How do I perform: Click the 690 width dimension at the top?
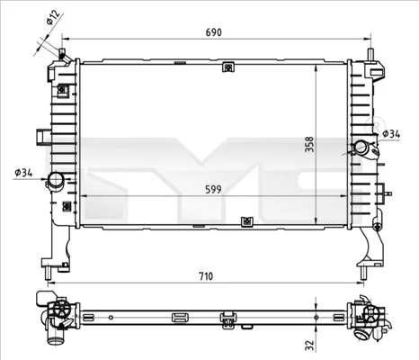212,31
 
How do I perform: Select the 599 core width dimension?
209,189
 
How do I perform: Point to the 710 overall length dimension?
206,276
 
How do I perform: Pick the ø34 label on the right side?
391,134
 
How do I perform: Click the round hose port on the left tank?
57,181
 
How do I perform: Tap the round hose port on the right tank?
361,148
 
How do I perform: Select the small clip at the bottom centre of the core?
245,220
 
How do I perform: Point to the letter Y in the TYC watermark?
208,166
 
